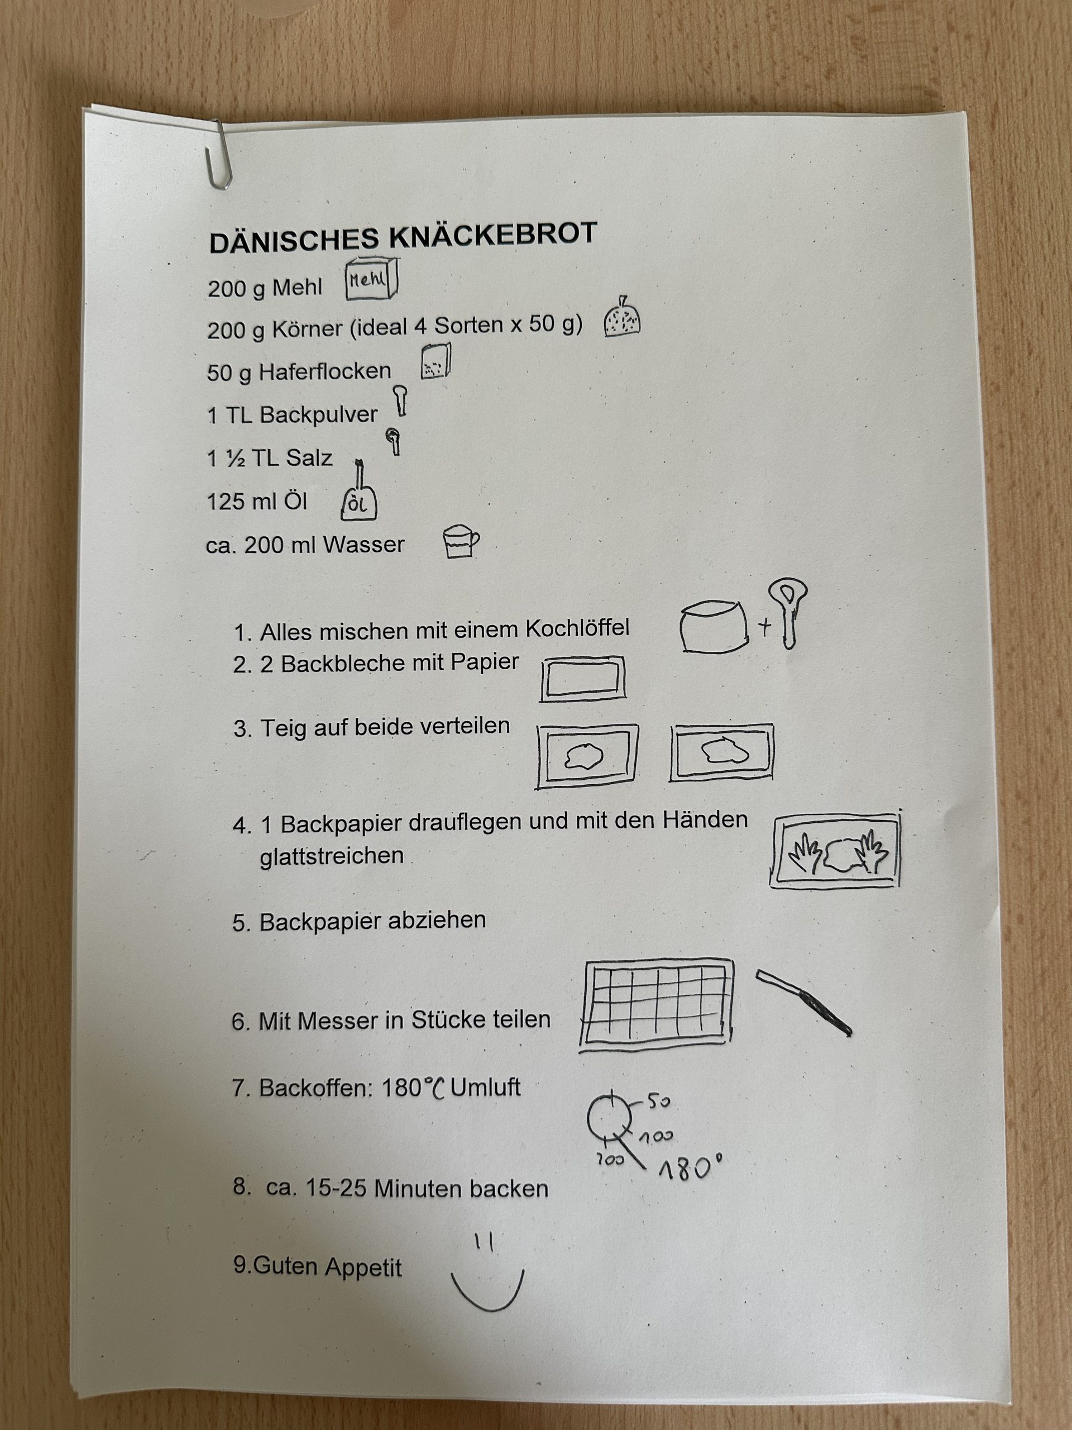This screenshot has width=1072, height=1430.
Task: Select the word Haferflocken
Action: coord(325,371)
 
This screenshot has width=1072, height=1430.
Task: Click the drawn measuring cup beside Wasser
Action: coord(461,542)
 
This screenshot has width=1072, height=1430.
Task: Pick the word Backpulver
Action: coord(319,415)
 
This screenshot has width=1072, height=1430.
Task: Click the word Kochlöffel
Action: coord(578,628)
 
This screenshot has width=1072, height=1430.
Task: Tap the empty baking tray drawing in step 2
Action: coord(583,679)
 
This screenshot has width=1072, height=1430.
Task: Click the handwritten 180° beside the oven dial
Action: coord(690,1167)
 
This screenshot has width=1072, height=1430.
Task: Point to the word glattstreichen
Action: coord(332,856)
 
